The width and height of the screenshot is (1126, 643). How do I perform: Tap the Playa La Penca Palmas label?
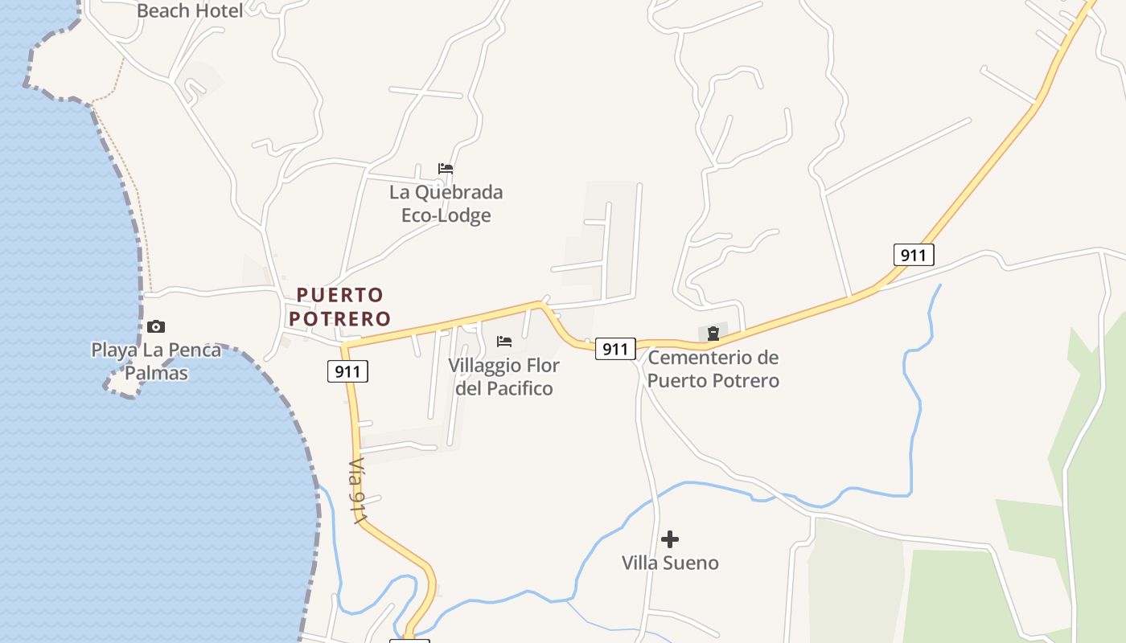[x=156, y=361]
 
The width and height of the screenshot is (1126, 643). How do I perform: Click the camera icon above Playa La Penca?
[x=156, y=326]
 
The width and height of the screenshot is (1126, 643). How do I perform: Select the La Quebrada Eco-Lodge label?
[x=446, y=203]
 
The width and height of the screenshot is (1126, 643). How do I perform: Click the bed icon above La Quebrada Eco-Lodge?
[x=446, y=169]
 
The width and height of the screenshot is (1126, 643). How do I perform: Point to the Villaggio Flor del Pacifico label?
[x=504, y=376]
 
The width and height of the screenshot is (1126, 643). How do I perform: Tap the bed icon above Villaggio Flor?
[x=504, y=342]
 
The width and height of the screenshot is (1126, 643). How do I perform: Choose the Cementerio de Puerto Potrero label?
[x=713, y=368]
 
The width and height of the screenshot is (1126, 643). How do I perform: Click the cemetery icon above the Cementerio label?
[x=713, y=334]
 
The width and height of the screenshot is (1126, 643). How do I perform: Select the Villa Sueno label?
[x=670, y=563]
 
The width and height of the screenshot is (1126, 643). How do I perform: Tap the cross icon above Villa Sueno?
[x=670, y=539]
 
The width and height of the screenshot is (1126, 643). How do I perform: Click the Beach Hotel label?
[x=190, y=10]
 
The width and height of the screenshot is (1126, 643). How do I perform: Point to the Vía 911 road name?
[x=358, y=492]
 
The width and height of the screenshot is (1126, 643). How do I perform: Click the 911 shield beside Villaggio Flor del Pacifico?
[x=615, y=349]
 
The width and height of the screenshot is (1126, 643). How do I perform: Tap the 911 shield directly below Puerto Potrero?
[x=347, y=371]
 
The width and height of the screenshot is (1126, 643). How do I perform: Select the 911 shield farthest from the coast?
[x=913, y=256]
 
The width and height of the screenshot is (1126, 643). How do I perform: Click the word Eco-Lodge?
[x=446, y=215]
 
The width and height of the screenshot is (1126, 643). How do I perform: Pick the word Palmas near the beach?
[x=156, y=373]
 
